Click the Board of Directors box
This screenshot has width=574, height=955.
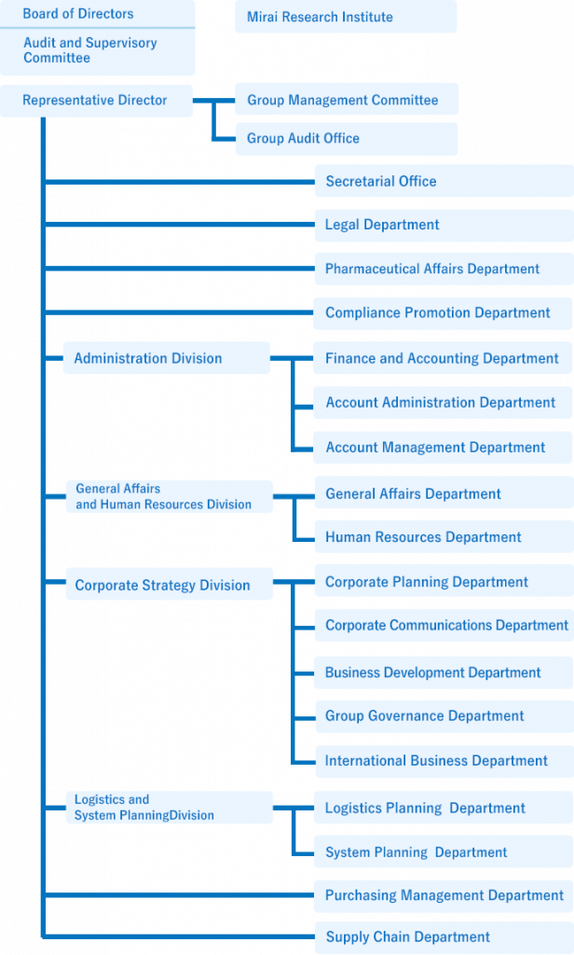click(x=98, y=14)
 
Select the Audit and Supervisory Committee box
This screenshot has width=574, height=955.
click(x=98, y=52)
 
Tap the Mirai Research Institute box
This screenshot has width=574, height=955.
click(x=346, y=17)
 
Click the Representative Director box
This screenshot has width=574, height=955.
click(x=96, y=101)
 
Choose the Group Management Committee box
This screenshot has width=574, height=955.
click(x=347, y=99)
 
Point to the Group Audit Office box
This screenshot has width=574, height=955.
click(x=347, y=139)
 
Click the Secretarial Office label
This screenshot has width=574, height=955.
click(x=381, y=181)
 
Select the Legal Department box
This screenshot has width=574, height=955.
click(x=444, y=226)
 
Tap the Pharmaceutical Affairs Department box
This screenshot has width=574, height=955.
click(x=444, y=270)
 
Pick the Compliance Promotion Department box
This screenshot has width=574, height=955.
click(x=444, y=313)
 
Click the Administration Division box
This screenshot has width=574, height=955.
click(x=166, y=358)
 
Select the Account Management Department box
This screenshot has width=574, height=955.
click(x=444, y=448)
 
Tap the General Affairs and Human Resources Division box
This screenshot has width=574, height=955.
click(x=170, y=496)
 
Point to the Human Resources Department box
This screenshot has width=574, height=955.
click(x=444, y=537)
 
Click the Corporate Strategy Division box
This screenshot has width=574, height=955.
click(x=170, y=584)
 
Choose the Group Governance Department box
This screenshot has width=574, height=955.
click(x=444, y=716)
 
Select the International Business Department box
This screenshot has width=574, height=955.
click(x=444, y=761)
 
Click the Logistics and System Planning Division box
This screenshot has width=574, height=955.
click(x=170, y=808)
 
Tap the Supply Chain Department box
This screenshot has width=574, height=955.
click(x=444, y=937)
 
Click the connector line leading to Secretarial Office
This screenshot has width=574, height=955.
click(x=180, y=182)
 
